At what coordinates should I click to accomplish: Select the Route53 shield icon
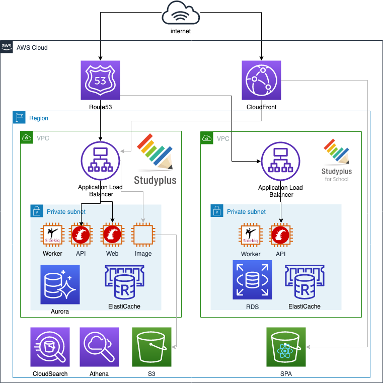[100, 81]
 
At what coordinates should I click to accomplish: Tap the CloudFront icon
[261, 81]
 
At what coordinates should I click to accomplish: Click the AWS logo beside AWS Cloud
[7, 47]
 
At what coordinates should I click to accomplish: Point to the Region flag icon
[20, 118]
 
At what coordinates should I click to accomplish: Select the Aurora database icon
[60, 284]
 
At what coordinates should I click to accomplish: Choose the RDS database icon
[252, 280]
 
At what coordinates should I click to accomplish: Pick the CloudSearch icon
[50, 347]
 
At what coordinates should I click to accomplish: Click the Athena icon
[99, 347]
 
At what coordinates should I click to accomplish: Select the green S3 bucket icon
[151, 347]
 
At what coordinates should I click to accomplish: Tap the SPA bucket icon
[286, 347]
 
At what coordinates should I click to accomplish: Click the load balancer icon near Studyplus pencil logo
[101, 161]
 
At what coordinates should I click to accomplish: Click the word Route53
[100, 107]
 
